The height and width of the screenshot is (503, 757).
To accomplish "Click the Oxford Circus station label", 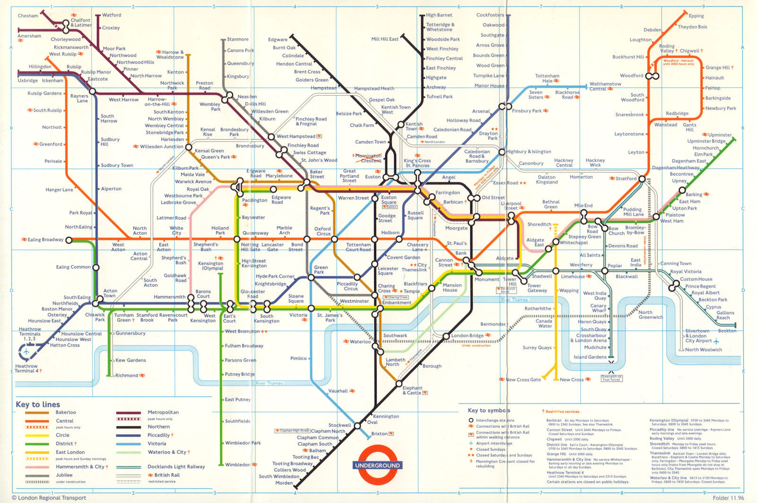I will [323, 231].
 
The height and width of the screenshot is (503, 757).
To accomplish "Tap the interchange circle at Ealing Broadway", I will [69, 240].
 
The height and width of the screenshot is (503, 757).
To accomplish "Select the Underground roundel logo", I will [377, 465].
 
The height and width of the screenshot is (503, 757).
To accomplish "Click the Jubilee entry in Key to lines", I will [64, 475].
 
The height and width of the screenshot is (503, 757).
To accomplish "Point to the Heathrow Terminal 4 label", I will [26, 368].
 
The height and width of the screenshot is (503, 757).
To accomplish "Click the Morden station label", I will [284, 483].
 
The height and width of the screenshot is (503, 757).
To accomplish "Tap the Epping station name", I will [696, 16].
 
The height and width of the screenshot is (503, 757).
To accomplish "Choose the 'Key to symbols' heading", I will [489, 410].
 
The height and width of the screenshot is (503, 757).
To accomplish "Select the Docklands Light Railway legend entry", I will [176, 467].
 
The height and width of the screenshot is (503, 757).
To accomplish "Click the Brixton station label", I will [379, 433].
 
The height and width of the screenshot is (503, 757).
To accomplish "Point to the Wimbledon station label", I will [238, 465].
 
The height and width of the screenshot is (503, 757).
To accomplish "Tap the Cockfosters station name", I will [490, 15].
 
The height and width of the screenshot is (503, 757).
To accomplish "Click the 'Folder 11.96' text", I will [728, 498].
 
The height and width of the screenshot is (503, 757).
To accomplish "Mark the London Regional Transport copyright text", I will [49, 498].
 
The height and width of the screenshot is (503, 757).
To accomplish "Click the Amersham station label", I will [29, 36].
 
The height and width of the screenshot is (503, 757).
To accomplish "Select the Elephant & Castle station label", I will [412, 390].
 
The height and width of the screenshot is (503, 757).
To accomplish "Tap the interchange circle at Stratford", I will [642, 179].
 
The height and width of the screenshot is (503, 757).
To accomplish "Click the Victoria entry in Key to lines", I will [157, 444].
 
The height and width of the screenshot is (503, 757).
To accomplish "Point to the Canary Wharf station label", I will [598, 308].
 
